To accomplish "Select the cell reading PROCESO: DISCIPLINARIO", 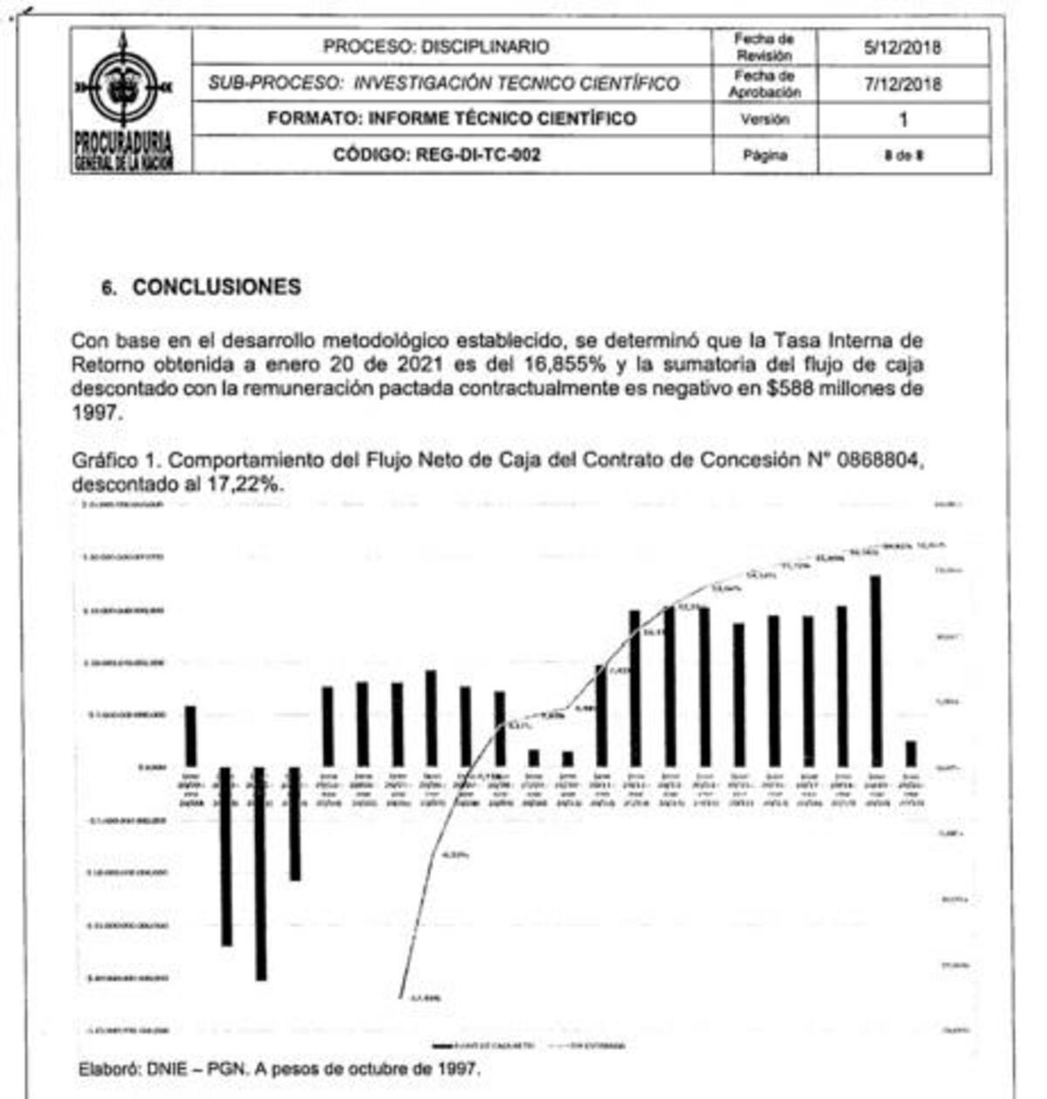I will pos(436,47).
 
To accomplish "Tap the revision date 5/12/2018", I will pos(902,47).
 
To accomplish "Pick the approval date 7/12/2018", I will pos(902,84).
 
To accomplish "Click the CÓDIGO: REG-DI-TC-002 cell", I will pos(436,155).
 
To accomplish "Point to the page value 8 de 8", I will pos(903,156).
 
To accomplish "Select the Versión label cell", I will pos(764,119).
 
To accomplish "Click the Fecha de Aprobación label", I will pos(764,84).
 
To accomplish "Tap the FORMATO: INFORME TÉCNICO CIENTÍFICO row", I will pos(451,119).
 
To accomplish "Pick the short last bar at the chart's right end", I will pos(911,754).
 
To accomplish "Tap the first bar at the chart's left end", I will pos(191,736).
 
